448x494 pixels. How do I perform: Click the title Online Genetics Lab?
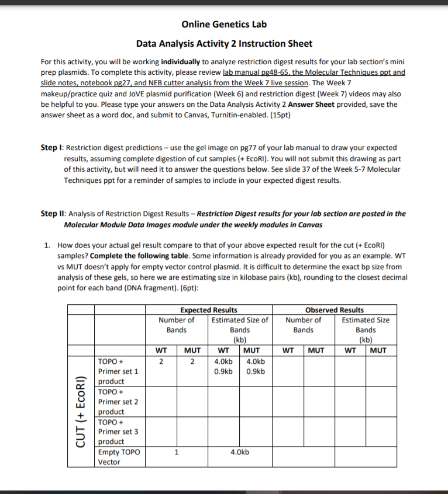coord(224,25)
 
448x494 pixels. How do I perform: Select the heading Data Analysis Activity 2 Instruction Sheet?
coord(224,44)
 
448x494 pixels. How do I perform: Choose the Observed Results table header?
coord(334,310)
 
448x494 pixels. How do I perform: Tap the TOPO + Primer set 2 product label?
coord(119,402)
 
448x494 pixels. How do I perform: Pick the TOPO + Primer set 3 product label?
coord(119,432)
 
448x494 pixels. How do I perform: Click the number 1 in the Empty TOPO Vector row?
coord(176,452)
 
